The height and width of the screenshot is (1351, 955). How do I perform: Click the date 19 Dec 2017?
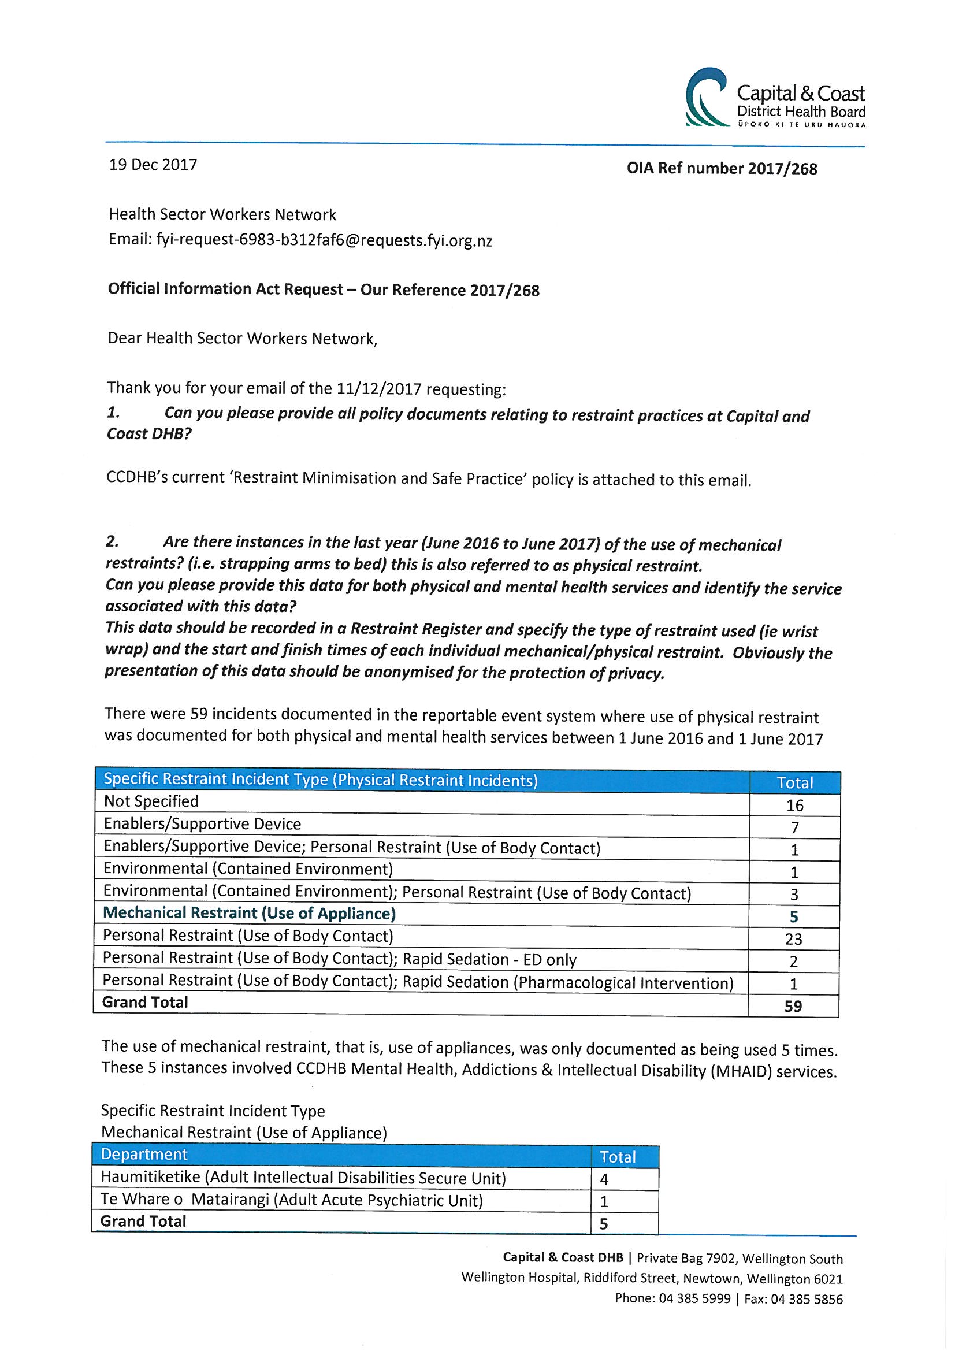[x=153, y=165]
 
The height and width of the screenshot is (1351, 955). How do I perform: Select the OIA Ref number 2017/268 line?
[x=722, y=169]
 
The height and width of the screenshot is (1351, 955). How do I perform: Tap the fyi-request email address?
[x=324, y=240]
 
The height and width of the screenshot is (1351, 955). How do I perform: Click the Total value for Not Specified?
[x=794, y=806]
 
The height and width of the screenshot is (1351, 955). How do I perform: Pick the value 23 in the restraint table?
[x=794, y=939]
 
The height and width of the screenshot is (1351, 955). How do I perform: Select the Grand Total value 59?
[x=793, y=1006]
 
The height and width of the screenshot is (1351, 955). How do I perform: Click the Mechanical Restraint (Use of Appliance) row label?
[x=249, y=913]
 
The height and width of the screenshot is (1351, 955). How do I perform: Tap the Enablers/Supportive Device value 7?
[x=794, y=828]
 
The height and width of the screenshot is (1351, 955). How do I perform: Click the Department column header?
[x=144, y=1155]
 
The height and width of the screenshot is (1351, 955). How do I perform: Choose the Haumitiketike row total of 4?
[x=604, y=1179]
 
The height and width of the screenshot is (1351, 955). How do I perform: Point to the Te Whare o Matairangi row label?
[x=291, y=1200]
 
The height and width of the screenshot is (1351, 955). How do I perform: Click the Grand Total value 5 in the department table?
[x=604, y=1224]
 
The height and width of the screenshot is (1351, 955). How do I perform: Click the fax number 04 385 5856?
[x=806, y=1298]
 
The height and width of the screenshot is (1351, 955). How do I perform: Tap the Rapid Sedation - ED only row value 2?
[x=794, y=962]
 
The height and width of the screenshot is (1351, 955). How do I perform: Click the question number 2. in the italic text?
[x=113, y=541]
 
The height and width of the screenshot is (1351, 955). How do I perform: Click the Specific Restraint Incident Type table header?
[x=321, y=780]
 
